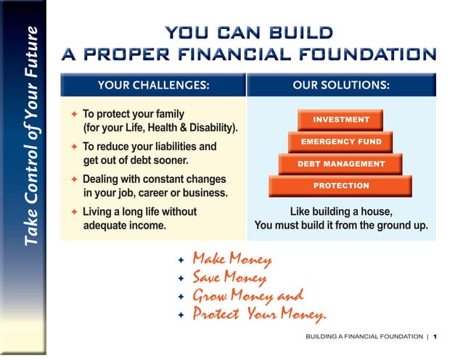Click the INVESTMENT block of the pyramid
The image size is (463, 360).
[x=340, y=120]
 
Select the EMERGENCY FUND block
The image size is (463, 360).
[x=340, y=142]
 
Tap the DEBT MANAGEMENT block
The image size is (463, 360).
[x=340, y=164]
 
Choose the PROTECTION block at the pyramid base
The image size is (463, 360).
[x=340, y=187]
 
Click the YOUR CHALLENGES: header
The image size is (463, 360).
[x=153, y=85]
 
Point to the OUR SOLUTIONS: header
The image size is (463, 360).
[x=341, y=85]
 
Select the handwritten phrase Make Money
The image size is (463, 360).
[x=231, y=259]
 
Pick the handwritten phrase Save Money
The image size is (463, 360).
[x=229, y=277]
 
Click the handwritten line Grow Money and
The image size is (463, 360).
[x=247, y=296]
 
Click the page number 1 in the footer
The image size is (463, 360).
[x=435, y=337]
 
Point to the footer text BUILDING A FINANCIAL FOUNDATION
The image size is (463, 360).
[x=364, y=337]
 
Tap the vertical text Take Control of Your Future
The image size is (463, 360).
[x=31, y=136]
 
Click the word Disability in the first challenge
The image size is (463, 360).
[x=215, y=128]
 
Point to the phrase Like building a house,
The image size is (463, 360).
[x=341, y=212]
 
